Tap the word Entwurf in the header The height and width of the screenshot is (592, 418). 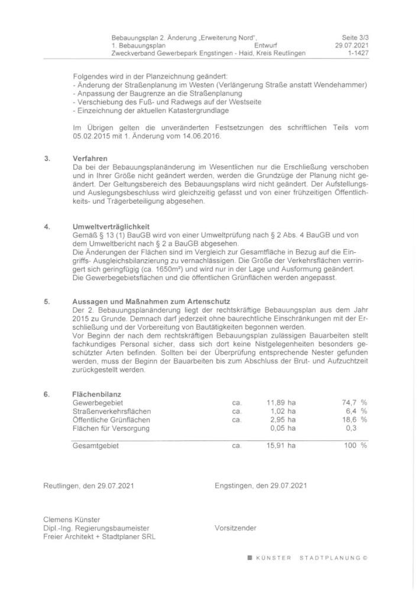[x=266, y=45]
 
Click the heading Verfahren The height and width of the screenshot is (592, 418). [x=88, y=159]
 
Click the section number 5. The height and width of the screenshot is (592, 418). [x=47, y=302]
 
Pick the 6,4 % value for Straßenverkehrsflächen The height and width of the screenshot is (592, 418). [x=354, y=411]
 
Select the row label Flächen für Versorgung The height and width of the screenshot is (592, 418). [x=111, y=427]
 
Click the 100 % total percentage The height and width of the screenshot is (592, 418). [x=355, y=446]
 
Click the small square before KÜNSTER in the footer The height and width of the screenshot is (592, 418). [x=249, y=558]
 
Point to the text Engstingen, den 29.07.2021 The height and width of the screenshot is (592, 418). [x=261, y=486]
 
